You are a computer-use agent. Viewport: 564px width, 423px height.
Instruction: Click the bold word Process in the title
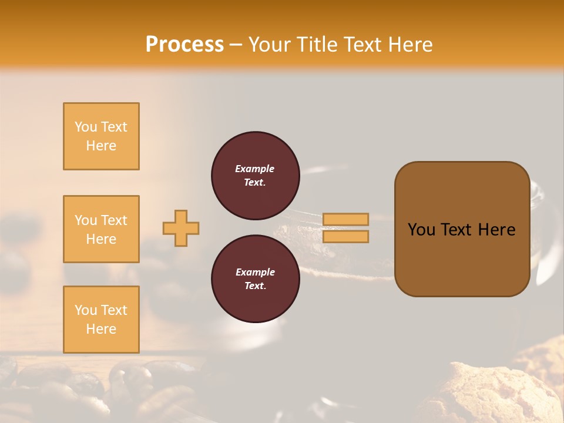click(184, 45)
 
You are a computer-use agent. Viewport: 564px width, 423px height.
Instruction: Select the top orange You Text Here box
click(101, 136)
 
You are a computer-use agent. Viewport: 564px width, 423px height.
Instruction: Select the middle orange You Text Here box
click(101, 229)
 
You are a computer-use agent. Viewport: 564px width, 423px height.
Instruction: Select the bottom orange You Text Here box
click(101, 320)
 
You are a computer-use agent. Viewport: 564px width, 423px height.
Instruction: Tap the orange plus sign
click(181, 228)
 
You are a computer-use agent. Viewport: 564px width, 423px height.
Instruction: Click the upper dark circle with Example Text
click(255, 176)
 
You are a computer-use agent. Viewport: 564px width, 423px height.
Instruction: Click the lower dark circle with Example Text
click(255, 279)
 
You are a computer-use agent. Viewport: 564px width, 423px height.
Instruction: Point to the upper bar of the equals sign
click(345, 219)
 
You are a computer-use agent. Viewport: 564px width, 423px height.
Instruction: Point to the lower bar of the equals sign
click(345, 237)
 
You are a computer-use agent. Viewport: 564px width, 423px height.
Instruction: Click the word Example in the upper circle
click(255, 169)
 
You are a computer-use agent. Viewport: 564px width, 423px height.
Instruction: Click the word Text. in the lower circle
click(255, 286)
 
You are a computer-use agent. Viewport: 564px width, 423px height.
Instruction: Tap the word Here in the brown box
click(496, 230)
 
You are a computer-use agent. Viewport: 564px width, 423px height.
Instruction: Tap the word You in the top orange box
click(85, 127)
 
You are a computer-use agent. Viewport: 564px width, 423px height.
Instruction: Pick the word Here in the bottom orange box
click(101, 329)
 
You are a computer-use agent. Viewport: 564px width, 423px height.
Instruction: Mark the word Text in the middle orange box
click(113, 220)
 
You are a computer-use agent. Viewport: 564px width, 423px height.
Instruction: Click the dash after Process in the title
click(236, 45)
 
